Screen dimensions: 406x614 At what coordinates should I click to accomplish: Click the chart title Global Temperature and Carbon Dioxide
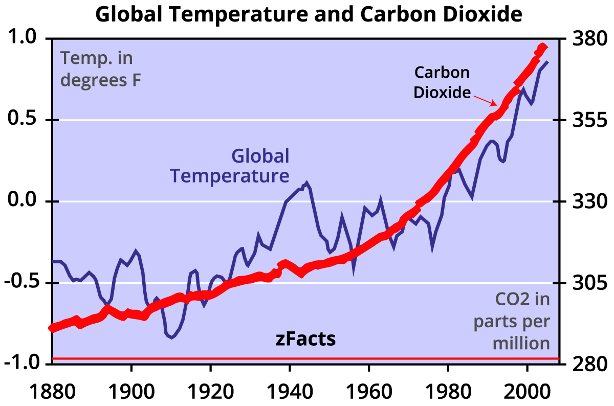309,14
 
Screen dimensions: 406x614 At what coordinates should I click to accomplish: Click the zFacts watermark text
306,339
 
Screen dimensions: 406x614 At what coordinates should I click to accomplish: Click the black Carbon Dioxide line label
442,82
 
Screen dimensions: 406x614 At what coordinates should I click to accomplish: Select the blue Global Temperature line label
230,166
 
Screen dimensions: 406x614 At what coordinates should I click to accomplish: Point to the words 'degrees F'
100,80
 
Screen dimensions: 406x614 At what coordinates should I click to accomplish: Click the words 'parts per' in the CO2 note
512,322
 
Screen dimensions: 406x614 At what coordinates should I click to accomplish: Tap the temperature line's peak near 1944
306,183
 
